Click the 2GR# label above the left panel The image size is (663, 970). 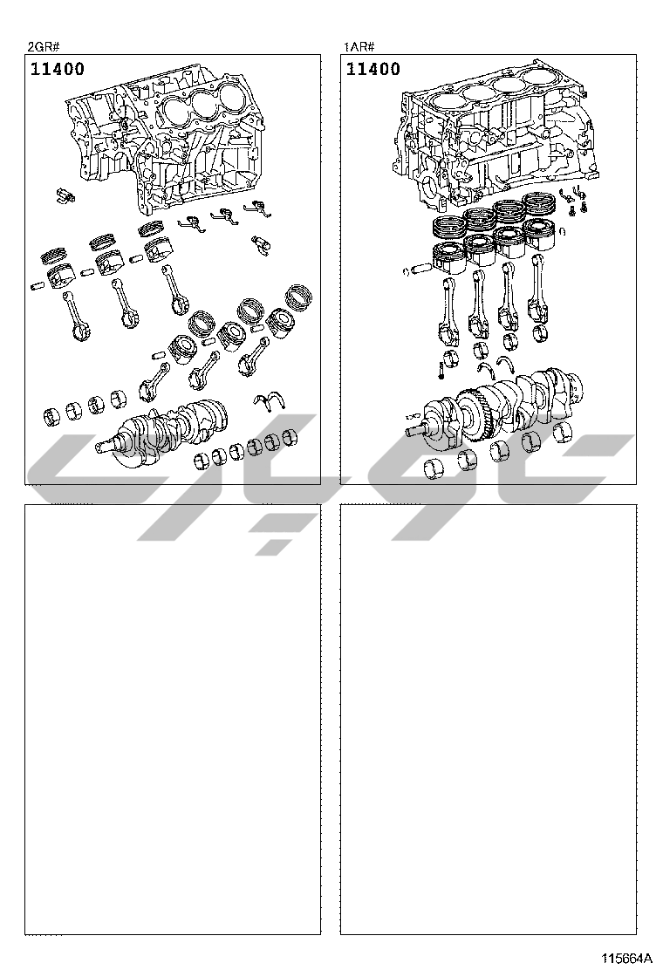coord(43,45)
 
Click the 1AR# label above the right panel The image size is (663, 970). coord(359,45)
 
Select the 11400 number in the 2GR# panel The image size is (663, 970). coord(58,69)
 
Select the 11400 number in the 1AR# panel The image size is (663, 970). coord(373,69)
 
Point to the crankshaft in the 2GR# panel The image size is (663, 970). coord(166,427)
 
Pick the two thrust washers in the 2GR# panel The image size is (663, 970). coord(272,400)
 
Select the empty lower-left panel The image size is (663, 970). coord(173,720)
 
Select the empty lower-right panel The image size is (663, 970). coord(488,720)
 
